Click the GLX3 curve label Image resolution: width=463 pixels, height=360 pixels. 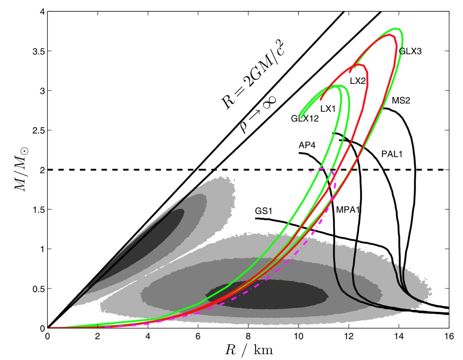[410, 51]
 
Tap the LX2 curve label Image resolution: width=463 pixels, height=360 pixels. [358, 81]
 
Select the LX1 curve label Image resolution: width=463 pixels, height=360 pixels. [328, 108]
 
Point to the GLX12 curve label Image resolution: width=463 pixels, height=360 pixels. [305, 118]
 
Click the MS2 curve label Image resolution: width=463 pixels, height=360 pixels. [401, 100]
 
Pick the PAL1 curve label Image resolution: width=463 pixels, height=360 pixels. [392, 154]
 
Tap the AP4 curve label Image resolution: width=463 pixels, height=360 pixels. [307, 146]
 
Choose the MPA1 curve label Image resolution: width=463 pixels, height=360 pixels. [348, 210]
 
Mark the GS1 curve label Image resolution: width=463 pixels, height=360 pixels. [264, 211]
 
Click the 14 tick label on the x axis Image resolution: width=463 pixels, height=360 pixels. [398, 336]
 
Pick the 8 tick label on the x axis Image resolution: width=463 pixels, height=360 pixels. [248, 336]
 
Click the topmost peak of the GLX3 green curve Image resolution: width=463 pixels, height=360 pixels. [396, 28]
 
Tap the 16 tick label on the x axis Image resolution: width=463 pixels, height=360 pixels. [448, 336]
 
